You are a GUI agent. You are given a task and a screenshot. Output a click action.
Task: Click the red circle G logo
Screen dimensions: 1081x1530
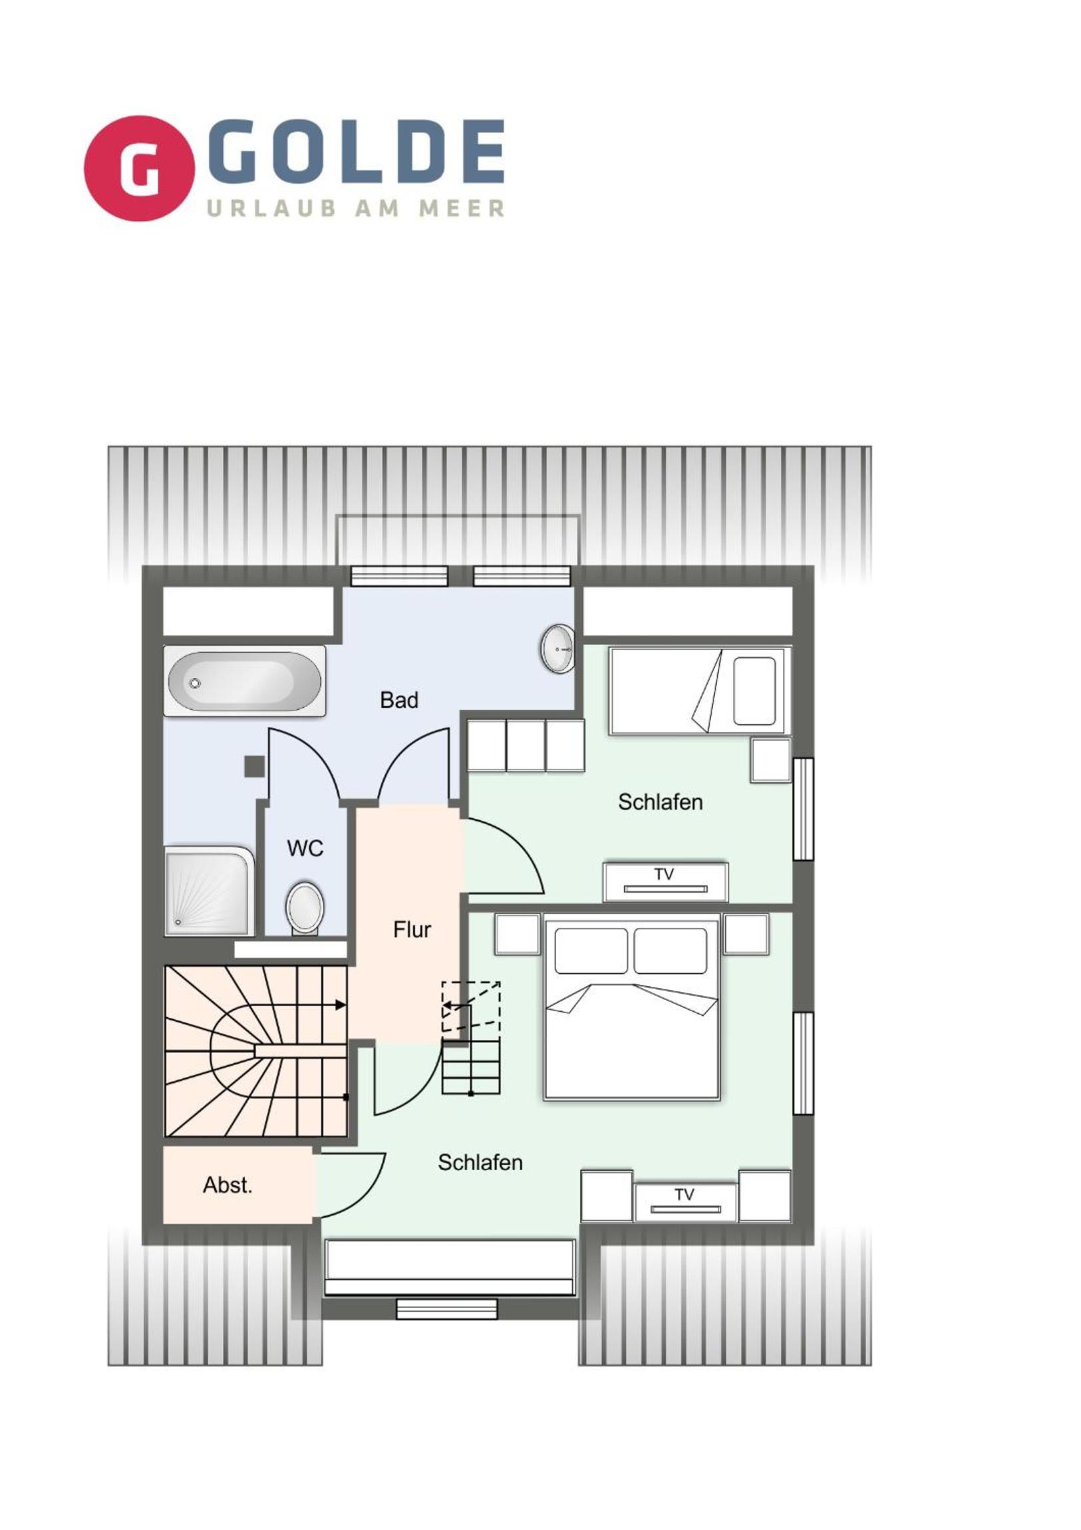point(139,168)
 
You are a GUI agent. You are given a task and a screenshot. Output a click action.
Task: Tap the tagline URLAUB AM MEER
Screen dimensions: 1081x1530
point(356,209)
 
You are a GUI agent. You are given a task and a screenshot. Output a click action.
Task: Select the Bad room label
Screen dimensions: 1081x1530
point(399,700)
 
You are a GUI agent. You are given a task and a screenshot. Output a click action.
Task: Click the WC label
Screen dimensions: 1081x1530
point(305,848)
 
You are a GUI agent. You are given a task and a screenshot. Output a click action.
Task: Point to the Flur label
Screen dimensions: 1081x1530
point(412,929)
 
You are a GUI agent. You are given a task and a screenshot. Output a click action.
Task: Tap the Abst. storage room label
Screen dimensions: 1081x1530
point(228,1185)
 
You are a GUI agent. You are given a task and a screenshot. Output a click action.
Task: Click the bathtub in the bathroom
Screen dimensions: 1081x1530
point(245,681)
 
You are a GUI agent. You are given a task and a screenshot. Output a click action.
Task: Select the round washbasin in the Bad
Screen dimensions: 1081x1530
point(558,649)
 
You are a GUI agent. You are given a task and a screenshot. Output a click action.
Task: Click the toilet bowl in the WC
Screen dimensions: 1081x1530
point(305,909)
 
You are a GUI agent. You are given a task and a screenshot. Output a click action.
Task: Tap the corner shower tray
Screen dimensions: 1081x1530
point(209,891)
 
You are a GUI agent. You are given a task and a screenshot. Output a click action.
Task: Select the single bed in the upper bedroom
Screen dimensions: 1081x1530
point(700,690)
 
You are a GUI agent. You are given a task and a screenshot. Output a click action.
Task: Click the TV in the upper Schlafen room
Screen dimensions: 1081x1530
point(665,881)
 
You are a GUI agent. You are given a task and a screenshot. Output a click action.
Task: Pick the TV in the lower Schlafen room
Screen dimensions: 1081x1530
point(686,1203)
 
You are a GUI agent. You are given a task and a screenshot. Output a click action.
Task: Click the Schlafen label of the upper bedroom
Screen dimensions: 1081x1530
point(660,802)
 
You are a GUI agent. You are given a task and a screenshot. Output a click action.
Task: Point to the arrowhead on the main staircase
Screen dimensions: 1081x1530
point(341,1005)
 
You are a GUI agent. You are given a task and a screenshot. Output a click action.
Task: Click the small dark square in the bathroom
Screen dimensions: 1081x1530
point(254,766)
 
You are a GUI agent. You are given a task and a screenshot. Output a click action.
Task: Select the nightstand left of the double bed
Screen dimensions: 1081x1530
point(517,933)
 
